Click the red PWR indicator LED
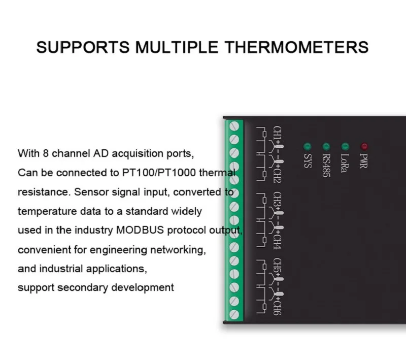pyautogui.click(x=364, y=146)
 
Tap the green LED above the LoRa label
pyautogui.click(x=345, y=146)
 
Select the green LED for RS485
pyautogui.click(x=326, y=146)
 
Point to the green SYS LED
pyautogui.click(x=307, y=146)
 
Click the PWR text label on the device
pyautogui.click(x=363, y=161)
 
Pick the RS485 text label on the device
pyautogui.click(x=326, y=166)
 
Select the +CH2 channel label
pyautogui.click(x=278, y=173)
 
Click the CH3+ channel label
pyautogui.click(x=278, y=202)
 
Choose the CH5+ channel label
pyautogui.click(x=278, y=268)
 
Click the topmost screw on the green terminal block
pyautogui.click(x=235, y=125)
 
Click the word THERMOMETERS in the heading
pyautogui.click(x=296, y=47)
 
